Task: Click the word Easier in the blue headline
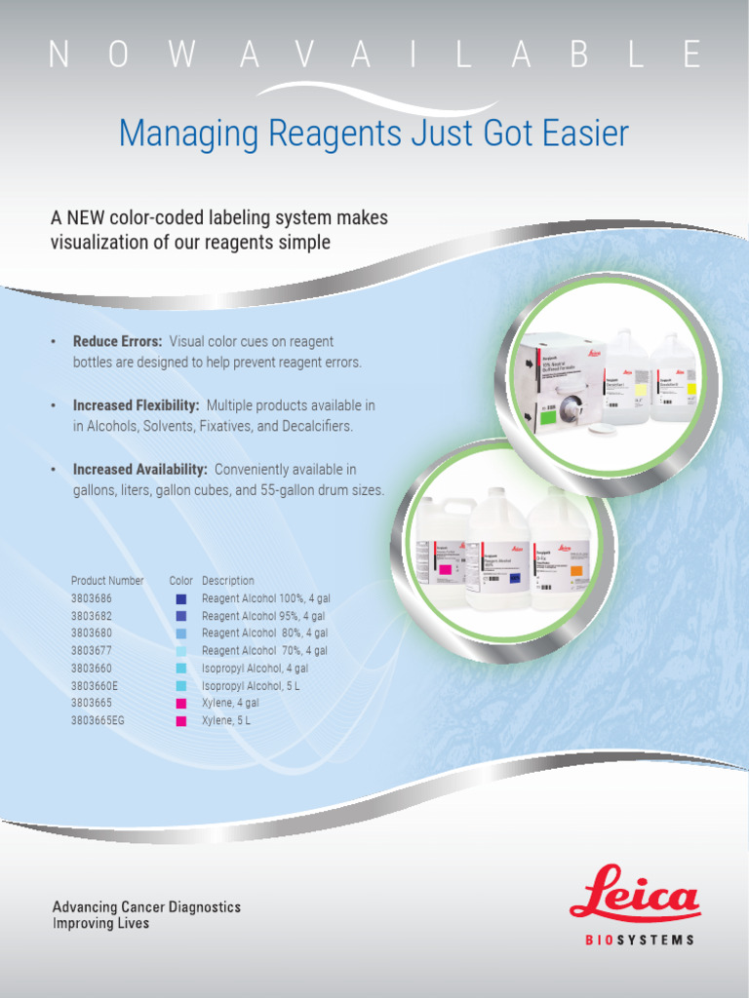[584, 134]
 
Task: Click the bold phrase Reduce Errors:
[117, 341]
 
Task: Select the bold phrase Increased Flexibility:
[137, 404]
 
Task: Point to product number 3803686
[91, 598]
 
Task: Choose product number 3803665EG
[98, 721]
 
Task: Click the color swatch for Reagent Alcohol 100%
[180, 599]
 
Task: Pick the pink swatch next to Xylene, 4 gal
[180, 704]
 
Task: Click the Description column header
[227, 581]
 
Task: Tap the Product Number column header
[107, 581]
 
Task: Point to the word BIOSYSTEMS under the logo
[639, 940]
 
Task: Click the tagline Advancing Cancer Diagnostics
[146, 906]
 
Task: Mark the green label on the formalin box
[543, 418]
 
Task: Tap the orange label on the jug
[575, 571]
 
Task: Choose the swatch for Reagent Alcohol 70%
[180, 651]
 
